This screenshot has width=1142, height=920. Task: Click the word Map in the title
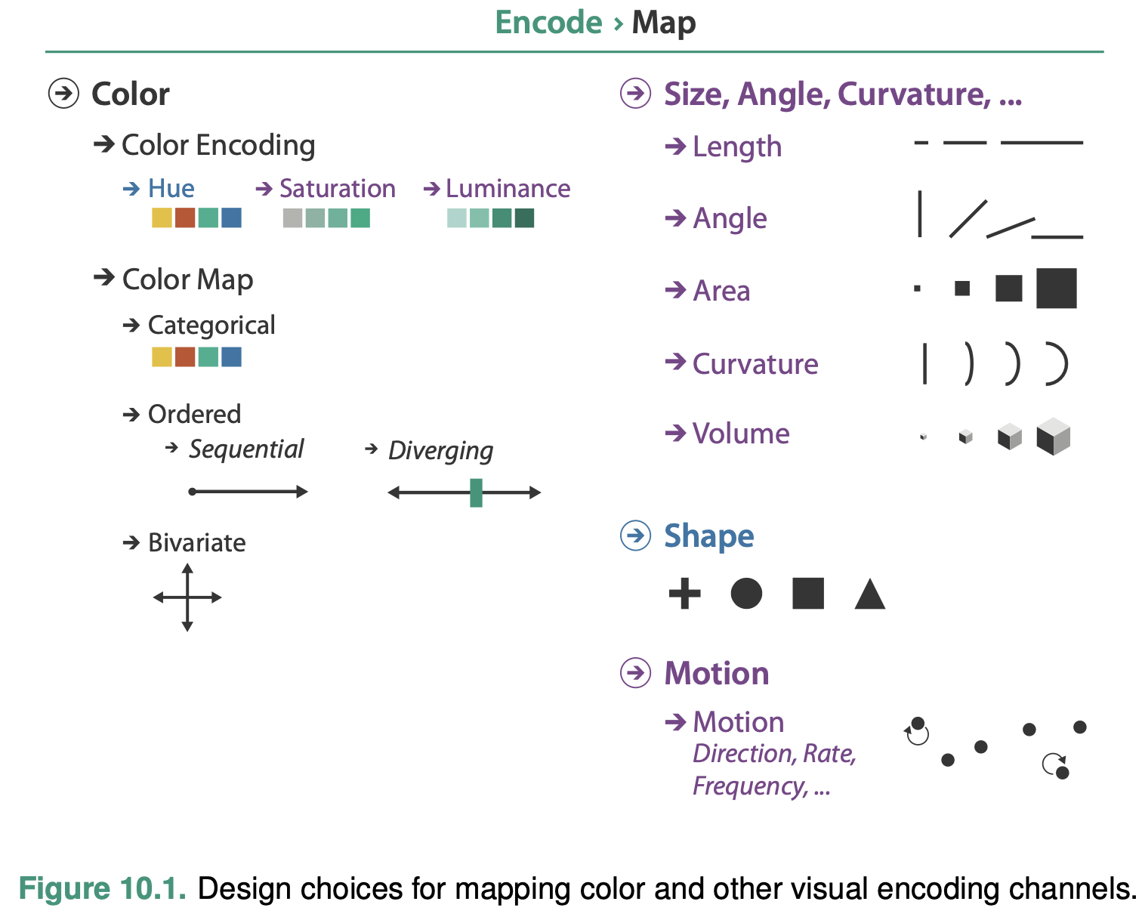click(663, 23)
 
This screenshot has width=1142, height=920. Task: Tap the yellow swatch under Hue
click(162, 218)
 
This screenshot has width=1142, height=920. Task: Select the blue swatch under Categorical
click(231, 357)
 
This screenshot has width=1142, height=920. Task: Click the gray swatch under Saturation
click(292, 218)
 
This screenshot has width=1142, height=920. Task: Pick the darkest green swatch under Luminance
click(524, 218)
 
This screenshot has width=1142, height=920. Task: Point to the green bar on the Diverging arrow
click(476, 492)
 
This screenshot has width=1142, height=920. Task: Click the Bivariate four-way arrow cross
click(187, 597)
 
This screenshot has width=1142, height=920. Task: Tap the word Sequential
click(246, 449)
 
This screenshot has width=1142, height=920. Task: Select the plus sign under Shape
click(684, 593)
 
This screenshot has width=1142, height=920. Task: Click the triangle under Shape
click(869, 595)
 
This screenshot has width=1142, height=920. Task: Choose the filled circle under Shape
click(746, 593)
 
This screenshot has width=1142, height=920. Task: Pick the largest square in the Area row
click(1056, 289)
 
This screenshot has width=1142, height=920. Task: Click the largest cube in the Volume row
click(1053, 437)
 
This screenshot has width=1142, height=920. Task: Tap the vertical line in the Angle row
click(919, 214)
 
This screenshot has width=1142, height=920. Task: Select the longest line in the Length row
click(1042, 142)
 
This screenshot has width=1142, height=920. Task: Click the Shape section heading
click(708, 536)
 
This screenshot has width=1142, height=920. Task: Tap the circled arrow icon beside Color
click(63, 94)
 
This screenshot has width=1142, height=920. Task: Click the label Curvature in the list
click(755, 364)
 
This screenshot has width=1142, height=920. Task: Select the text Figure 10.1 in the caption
click(102, 889)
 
